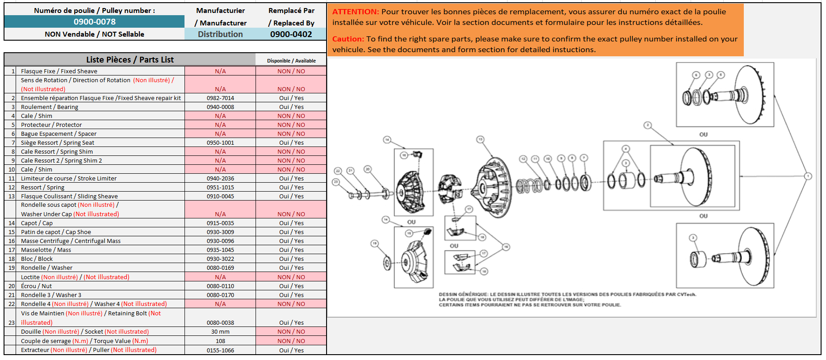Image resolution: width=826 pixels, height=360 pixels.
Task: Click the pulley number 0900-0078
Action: (94, 22)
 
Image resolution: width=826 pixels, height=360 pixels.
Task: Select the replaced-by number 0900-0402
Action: (291, 34)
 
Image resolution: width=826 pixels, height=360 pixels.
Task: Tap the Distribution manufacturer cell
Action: (220, 34)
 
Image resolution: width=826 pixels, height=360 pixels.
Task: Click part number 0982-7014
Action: (220, 98)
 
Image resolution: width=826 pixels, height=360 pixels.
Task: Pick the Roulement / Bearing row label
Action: (50, 107)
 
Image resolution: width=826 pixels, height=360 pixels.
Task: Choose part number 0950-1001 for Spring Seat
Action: (220, 143)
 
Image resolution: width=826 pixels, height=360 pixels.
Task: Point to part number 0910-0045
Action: (220, 197)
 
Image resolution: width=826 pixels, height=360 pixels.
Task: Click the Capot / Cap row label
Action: (37, 223)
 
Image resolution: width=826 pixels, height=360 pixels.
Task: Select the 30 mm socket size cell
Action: (220, 332)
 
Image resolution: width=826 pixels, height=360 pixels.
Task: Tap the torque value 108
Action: (220, 341)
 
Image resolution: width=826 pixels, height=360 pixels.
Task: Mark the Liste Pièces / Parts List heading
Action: (130, 60)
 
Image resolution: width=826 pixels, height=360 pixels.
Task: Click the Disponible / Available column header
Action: (291, 61)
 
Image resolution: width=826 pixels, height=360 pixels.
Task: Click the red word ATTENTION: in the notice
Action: (356, 12)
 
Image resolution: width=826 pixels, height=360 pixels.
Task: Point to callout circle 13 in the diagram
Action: (480, 139)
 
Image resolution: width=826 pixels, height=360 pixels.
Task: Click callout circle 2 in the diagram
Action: (648, 125)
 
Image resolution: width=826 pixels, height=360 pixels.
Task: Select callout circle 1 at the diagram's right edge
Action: (808, 176)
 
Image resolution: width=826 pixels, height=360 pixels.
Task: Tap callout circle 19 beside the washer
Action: (374, 243)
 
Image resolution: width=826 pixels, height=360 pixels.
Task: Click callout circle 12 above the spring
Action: (523, 159)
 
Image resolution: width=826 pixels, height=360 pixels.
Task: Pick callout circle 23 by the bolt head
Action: (336, 182)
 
